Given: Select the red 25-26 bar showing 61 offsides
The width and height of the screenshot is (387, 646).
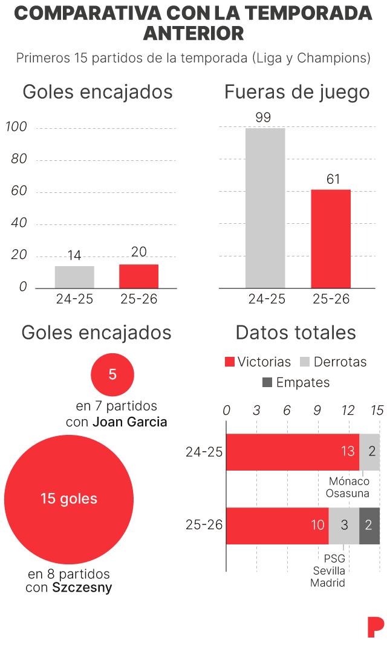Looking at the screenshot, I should tap(331, 238).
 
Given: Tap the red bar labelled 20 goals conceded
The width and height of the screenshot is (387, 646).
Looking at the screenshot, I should tap(138, 276).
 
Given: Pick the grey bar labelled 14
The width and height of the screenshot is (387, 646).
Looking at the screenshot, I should tap(74, 277).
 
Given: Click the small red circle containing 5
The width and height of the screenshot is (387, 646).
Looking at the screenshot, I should tap(112, 374).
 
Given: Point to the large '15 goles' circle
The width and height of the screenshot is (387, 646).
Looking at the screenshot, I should tap(69, 499).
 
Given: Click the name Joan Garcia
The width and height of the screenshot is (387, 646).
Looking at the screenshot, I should tap(130, 422).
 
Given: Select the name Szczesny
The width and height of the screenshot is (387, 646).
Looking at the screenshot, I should tap(82, 587).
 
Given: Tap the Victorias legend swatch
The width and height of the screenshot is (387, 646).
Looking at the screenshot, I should tap(230, 362).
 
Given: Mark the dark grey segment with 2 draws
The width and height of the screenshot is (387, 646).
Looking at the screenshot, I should tap(369, 525).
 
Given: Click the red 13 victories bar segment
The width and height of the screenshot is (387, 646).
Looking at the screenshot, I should tap(293, 452).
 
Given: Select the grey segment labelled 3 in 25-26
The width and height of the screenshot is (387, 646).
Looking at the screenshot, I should tap(343, 525).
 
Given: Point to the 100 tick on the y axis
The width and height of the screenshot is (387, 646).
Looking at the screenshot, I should tap(16, 127).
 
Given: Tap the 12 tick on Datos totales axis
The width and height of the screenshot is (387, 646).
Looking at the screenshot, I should tap(348, 410).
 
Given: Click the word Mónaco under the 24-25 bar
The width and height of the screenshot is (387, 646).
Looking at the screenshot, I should tap(349, 481).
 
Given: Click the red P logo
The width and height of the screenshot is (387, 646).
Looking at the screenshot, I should tap(376, 627).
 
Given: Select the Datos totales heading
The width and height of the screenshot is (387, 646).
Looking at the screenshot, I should tap(296, 332).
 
